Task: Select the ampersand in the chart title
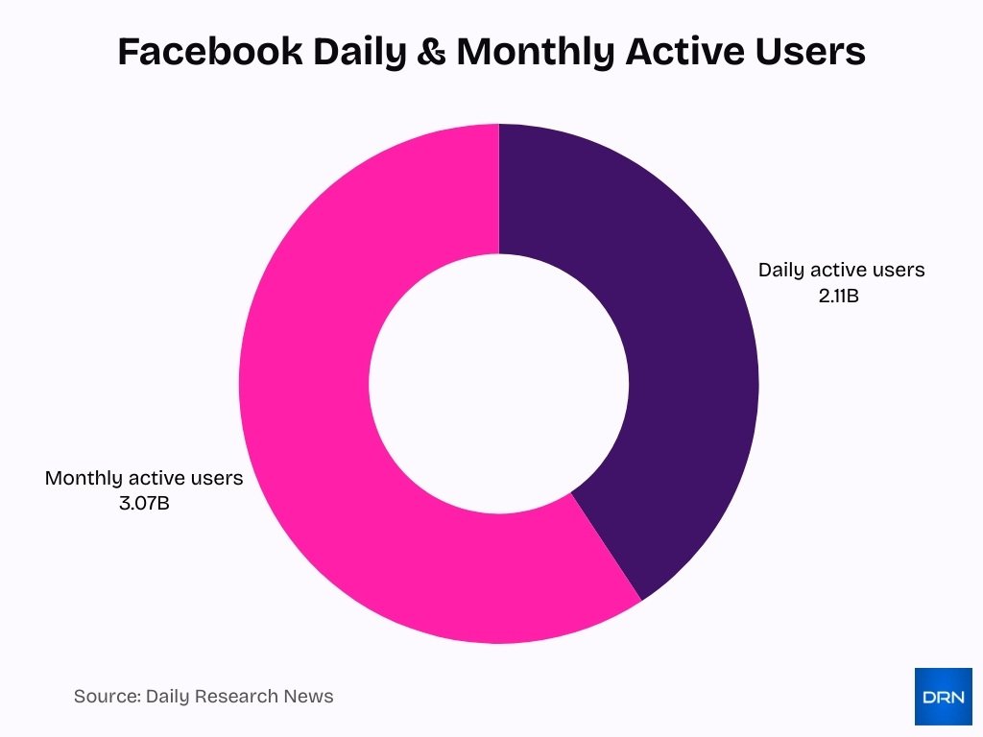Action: (x=434, y=52)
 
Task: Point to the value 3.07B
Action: (x=144, y=503)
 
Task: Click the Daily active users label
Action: (x=841, y=270)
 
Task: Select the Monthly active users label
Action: (x=144, y=478)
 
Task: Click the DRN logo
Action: (x=943, y=697)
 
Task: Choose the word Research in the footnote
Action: (x=241, y=697)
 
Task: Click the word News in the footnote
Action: (x=310, y=697)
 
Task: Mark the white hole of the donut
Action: (x=499, y=384)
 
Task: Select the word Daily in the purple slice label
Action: (x=780, y=270)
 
